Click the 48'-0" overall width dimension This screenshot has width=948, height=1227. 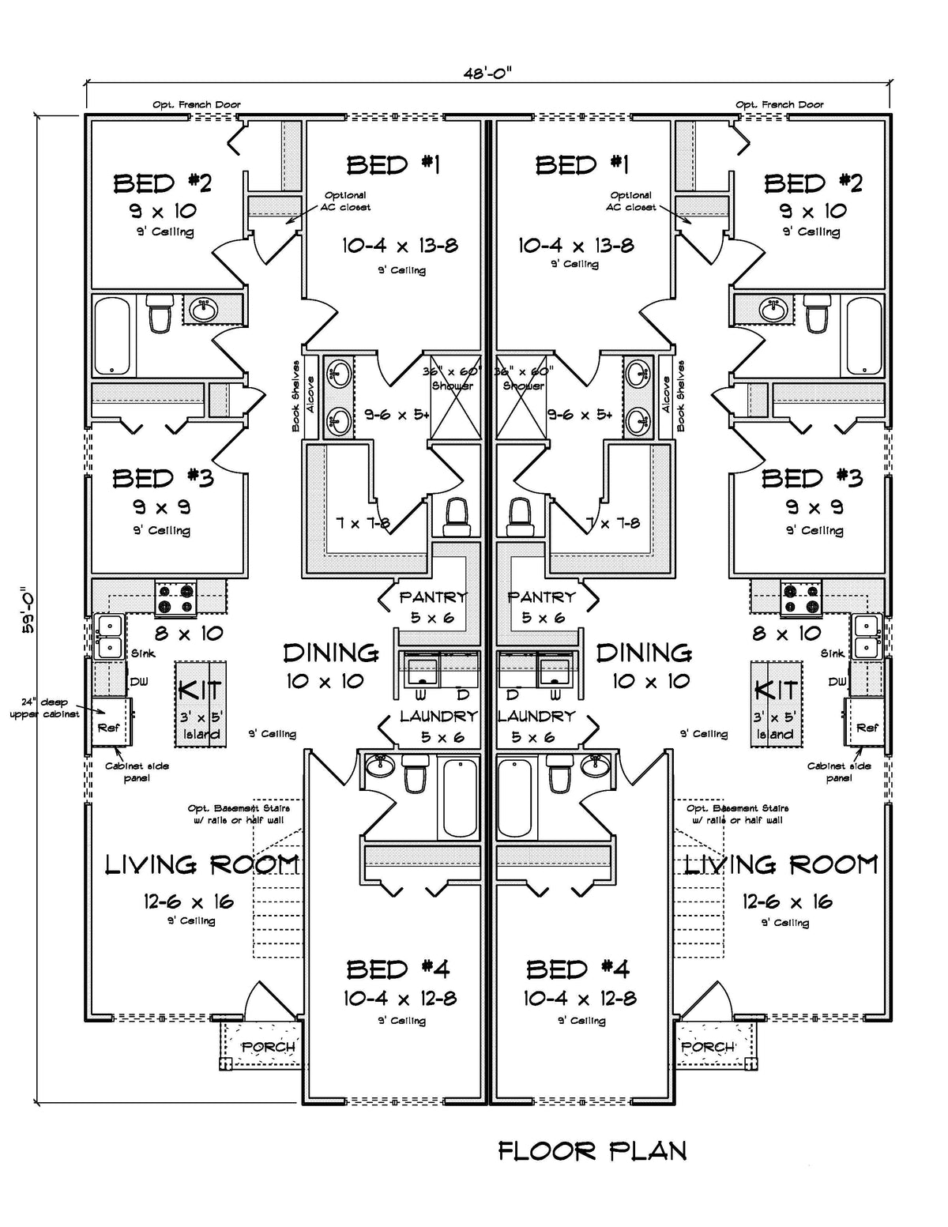pyautogui.click(x=487, y=73)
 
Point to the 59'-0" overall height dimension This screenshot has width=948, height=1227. pyautogui.click(x=25, y=603)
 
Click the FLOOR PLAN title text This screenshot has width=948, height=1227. pyautogui.click(x=592, y=1150)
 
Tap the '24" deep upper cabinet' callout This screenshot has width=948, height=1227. pyautogui.click(x=44, y=708)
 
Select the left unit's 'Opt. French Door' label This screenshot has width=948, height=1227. pyautogui.click(x=197, y=104)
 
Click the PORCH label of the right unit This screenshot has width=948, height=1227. pyautogui.click(x=708, y=1047)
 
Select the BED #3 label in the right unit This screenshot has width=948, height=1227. pyautogui.click(x=811, y=478)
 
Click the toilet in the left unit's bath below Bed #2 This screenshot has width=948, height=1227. pyautogui.click(x=161, y=314)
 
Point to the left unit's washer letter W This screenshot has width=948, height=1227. pyautogui.click(x=420, y=694)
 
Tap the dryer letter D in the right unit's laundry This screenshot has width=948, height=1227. pyautogui.click(x=513, y=694)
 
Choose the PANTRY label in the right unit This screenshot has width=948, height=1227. pyautogui.click(x=541, y=597)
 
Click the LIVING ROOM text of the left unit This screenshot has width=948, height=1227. pyautogui.click(x=201, y=864)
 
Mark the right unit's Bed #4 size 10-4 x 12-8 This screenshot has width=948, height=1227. pyautogui.click(x=579, y=999)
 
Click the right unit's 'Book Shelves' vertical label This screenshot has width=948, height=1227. pyautogui.click(x=680, y=396)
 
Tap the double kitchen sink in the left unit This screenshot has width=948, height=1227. pyautogui.click(x=107, y=637)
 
